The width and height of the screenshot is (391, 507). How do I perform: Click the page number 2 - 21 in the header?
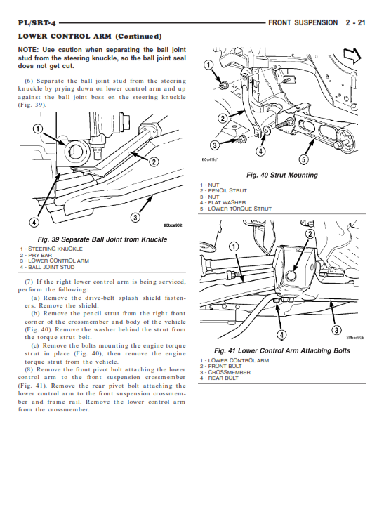coord(355,22)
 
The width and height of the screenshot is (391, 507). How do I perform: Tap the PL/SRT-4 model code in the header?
coord(37,23)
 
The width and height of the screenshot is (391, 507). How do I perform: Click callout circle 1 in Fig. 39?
coord(38,129)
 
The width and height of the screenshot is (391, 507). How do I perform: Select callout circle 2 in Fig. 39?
coord(154,162)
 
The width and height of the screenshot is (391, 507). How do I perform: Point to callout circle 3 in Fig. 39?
coord(135,217)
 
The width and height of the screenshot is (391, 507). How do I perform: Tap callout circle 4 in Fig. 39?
coord(34,222)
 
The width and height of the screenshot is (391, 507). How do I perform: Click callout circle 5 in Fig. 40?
coord(303,159)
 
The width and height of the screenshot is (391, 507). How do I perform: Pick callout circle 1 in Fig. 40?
coord(208,65)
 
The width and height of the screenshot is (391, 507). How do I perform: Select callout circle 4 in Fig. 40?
coord(260,151)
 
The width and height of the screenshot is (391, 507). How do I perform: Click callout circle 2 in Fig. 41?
coord(310,234)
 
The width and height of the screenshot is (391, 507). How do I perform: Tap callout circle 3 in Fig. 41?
coord(336,330)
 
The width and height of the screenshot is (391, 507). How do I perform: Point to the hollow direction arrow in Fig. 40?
coord(352,55)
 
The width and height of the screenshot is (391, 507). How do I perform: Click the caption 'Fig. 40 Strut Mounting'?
coord(281,176)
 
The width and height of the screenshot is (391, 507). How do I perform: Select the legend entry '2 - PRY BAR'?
coord(36,255)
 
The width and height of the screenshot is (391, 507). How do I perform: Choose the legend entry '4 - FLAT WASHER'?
coord(223,202)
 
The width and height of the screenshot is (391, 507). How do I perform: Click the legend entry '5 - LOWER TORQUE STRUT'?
coord(236,209)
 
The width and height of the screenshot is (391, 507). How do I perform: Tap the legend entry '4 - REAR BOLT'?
coord(219,378)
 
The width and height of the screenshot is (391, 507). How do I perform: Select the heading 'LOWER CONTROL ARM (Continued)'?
coord(90,37)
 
